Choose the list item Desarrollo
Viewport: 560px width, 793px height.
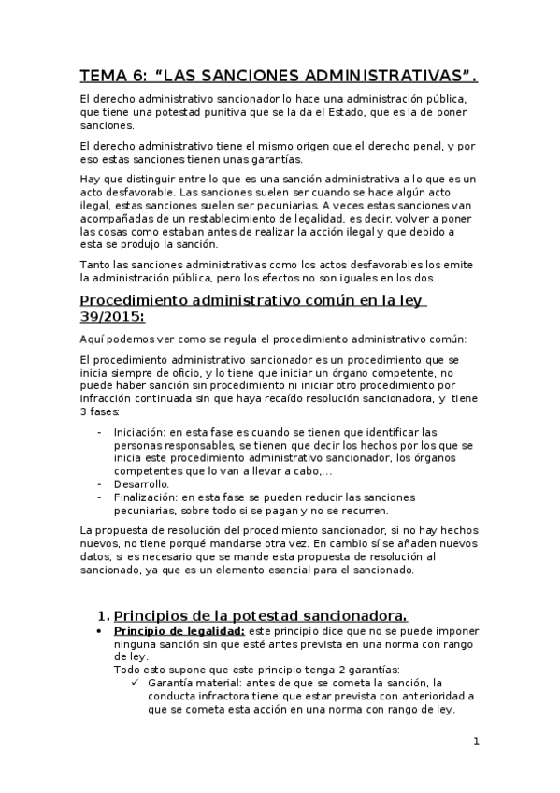(142, 484)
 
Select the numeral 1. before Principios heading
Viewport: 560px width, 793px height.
(104, 615)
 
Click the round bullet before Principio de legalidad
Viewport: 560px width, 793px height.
(99, 631)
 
